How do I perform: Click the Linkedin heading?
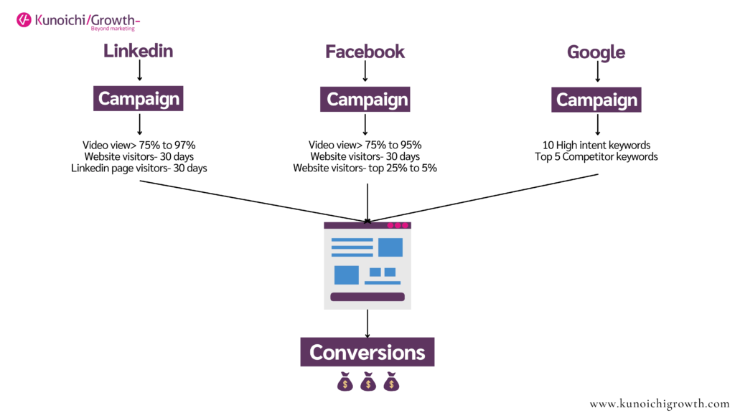[138, 51]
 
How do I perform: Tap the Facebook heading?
[365, 52]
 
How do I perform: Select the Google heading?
[596, 52]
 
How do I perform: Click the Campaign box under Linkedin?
[139, 98]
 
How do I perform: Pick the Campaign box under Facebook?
[365, 99]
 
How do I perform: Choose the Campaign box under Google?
[596, 100]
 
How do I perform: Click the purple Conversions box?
[367, 352]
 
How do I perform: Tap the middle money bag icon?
[368, 381]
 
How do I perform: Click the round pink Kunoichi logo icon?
[24, 20]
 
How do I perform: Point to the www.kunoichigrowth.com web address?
[660, 404]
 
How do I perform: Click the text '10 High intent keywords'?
[596, 145]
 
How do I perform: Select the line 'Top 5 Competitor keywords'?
[596, 157]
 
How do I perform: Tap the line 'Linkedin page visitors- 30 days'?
[139, 168]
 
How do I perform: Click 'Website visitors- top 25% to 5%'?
[365, 168]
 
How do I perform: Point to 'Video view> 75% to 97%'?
[139, 145]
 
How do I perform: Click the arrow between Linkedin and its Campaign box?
[140, 71]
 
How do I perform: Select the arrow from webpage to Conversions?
[367, 323]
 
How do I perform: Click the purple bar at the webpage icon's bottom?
[367, 297]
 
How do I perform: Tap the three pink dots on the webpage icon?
[398, 225]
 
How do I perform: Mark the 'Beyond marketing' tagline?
[113, 29]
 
